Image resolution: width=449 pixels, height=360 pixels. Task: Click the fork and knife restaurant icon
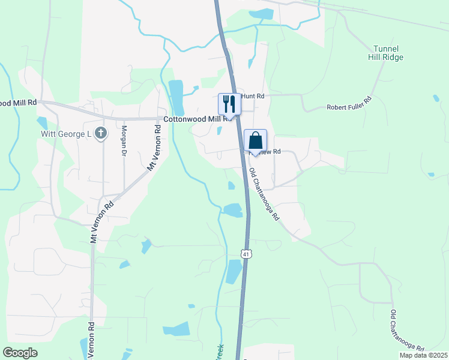pos(229,104)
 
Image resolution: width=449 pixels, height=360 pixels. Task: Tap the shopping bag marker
pos(255,141)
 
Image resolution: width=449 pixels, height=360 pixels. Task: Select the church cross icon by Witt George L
pos(101,133)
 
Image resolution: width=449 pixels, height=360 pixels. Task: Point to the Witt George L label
pos(65,133)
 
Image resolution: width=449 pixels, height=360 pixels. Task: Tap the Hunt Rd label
pos(252,96)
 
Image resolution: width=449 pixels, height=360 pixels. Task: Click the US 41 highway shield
pos(246,254)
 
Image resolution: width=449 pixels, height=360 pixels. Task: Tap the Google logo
pos(20,353)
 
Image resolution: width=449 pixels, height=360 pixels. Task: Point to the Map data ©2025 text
pos(423,355)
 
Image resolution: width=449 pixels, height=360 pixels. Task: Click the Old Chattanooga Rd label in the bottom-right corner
pos(406,331)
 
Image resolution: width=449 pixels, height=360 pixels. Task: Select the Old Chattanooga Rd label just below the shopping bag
pos(265,194)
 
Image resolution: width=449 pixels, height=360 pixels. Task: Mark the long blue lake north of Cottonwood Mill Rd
pos(176,96)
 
